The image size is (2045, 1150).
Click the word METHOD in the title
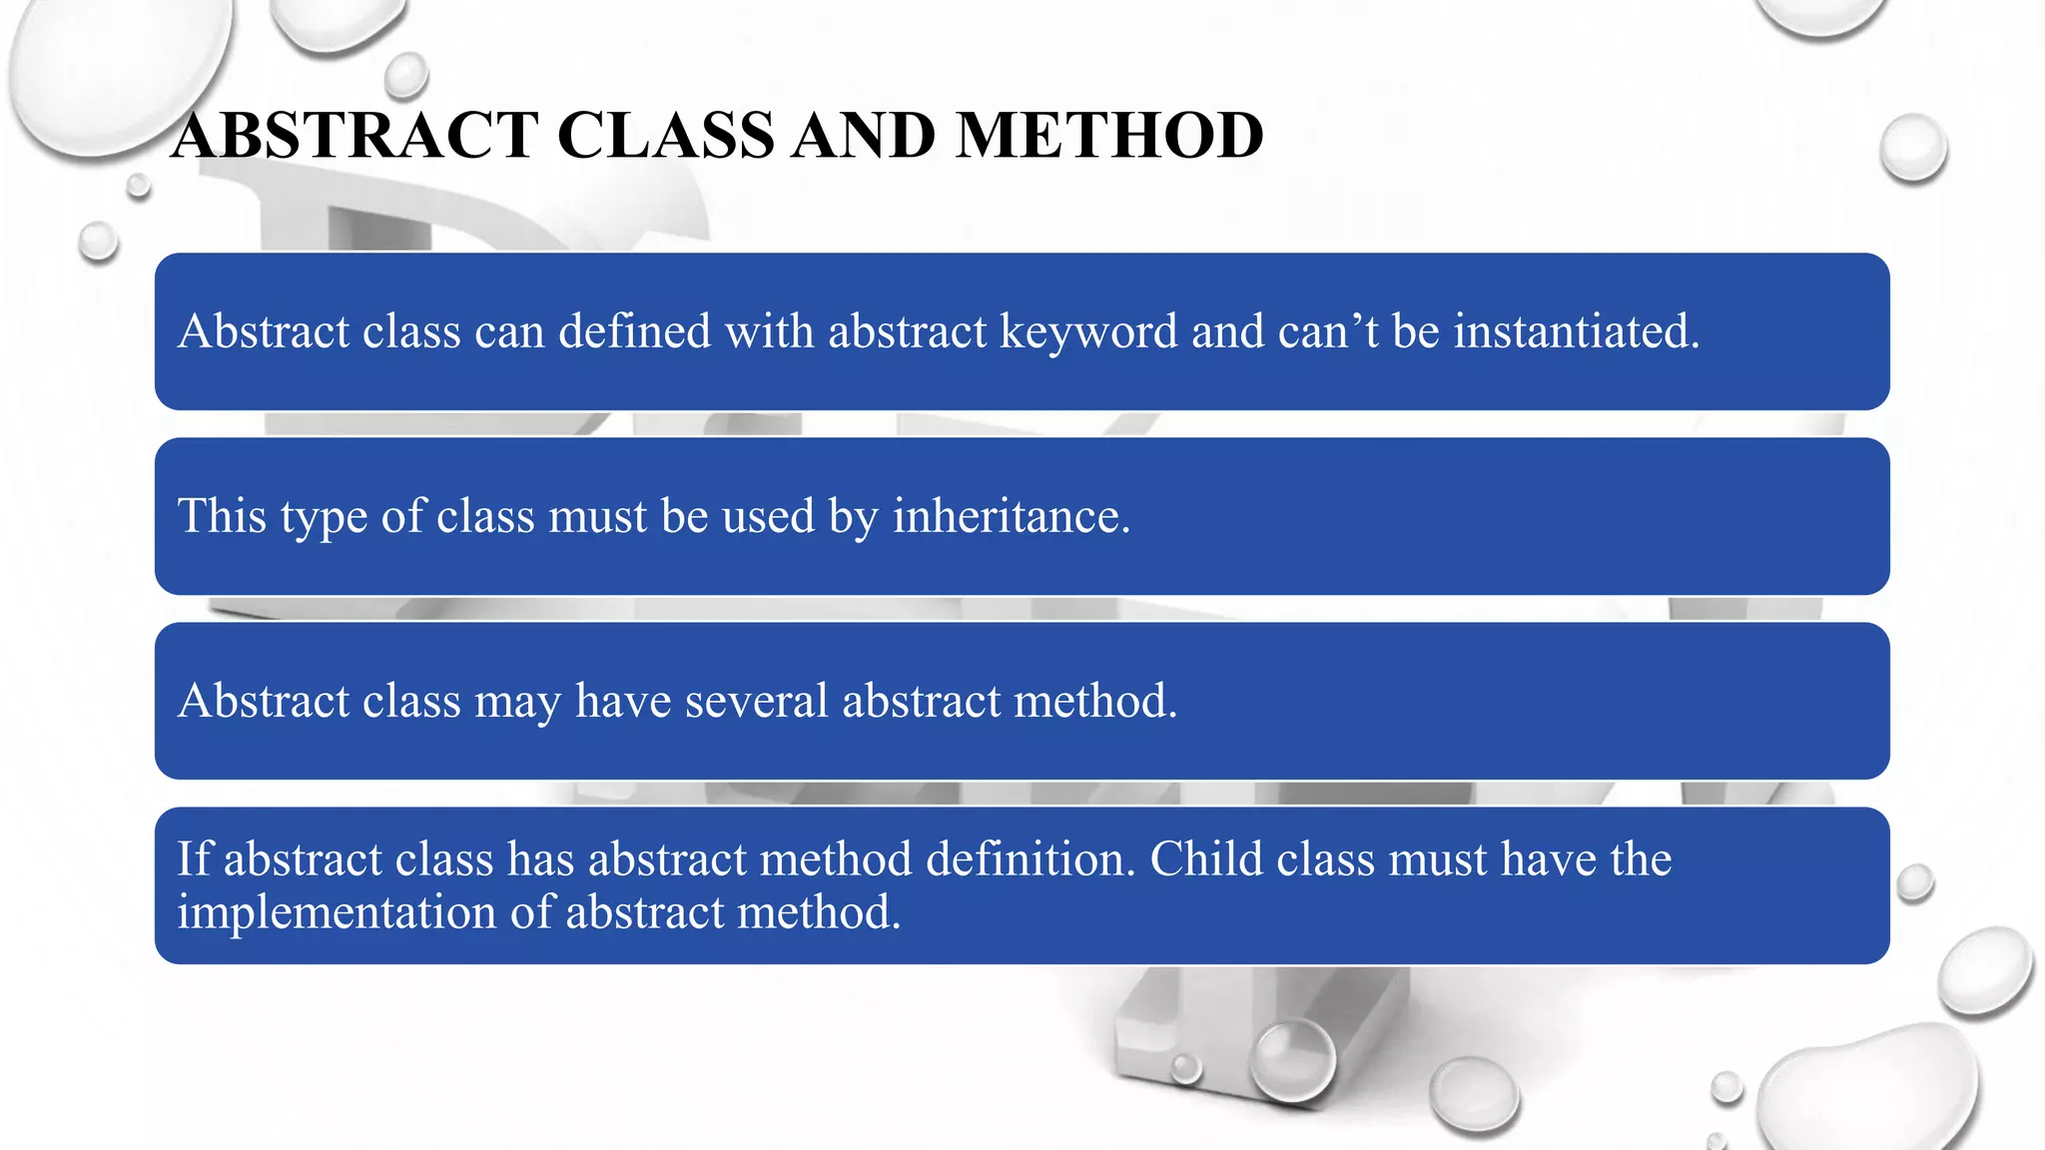click(x=1108, y=136)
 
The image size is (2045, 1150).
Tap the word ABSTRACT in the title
click(x=354, y=136)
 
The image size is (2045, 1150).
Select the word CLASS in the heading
click(x=665, y=136)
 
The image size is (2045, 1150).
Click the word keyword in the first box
click(x=1088, y=332)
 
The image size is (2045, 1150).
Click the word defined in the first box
click(x=634, y=331)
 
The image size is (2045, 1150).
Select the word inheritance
click(x=1011, y=516)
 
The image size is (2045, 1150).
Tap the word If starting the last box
click(x=194, y=860)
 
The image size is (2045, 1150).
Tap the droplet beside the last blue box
click(x=1914, y=883)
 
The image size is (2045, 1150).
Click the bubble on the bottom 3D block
click(x=1294, y=1060)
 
